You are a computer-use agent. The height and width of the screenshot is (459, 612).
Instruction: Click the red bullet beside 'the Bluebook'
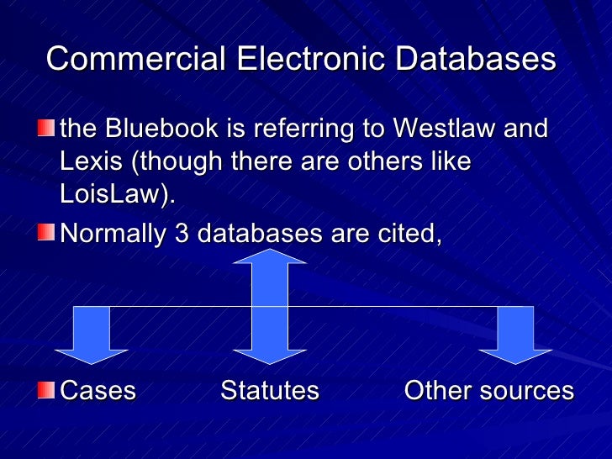46,129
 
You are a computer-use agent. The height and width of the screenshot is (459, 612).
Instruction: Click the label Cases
98,391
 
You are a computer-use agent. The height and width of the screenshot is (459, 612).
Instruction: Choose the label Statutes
270,391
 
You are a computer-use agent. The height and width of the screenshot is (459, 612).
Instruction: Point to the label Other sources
488,391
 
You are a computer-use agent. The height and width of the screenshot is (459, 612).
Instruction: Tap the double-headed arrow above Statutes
270,307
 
